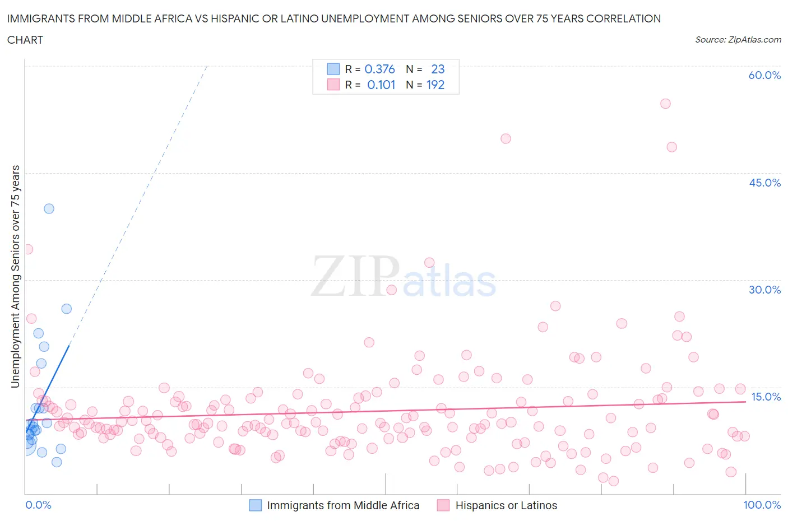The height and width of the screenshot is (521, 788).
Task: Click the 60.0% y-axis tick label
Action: [x=764, y=75]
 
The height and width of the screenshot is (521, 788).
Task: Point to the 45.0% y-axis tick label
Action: [x=764, y=183]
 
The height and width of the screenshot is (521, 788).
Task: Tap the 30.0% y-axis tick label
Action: [x=764, y=290]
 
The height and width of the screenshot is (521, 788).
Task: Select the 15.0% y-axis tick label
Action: [x=766, y=397]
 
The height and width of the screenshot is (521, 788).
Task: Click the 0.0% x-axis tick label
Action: [x=38, y=505]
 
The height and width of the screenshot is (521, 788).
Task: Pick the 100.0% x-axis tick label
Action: [x=762, y=505]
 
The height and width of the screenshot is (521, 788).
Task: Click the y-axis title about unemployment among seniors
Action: [x=16, y=276]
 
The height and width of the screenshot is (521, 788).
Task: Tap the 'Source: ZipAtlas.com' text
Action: [x=738, y=39]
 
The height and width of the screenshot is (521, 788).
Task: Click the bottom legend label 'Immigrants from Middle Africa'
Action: [x=343, y=505]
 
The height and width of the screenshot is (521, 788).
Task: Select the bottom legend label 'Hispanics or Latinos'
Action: [x=506, y=505]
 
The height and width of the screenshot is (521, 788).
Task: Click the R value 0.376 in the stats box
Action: [x=379, y=69]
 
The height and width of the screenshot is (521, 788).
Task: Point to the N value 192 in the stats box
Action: [x=435, y=85]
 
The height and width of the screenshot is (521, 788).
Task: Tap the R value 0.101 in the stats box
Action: [x=381, y=85]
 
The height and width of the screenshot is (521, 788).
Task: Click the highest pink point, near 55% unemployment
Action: [x=665, y=104]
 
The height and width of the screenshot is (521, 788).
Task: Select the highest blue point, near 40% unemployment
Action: [x=49, y=208]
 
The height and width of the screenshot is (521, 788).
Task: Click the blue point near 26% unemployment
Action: [x=66, y=309]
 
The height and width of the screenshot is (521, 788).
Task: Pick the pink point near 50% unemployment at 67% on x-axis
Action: [x=506, y=138]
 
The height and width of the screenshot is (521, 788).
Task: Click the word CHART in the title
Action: [x=25, y=40]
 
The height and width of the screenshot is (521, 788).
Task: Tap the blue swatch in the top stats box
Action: [x=333, y=69]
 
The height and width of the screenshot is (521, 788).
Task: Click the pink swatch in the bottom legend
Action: [x=443, y=505]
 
